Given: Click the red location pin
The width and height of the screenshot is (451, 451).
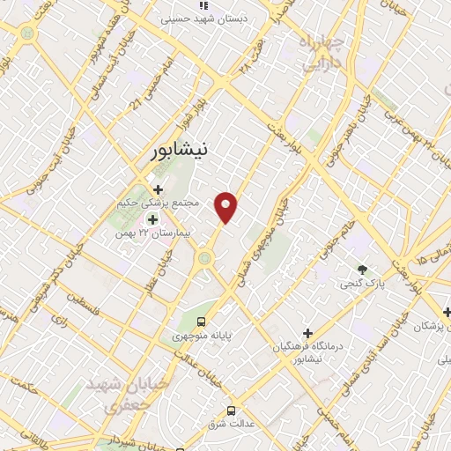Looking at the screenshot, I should point(227,208).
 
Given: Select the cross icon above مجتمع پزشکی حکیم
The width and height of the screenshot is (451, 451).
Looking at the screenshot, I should point(158,189).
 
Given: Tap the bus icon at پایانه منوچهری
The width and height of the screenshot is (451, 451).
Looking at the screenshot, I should point(202,322).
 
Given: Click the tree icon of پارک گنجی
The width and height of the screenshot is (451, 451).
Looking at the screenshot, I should point(362,269).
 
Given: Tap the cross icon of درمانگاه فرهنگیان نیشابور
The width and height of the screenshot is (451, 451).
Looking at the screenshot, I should point(307,333).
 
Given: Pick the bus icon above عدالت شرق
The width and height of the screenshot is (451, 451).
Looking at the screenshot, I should point(232,410).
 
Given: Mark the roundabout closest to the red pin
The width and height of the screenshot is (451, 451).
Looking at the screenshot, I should point(205,257).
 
